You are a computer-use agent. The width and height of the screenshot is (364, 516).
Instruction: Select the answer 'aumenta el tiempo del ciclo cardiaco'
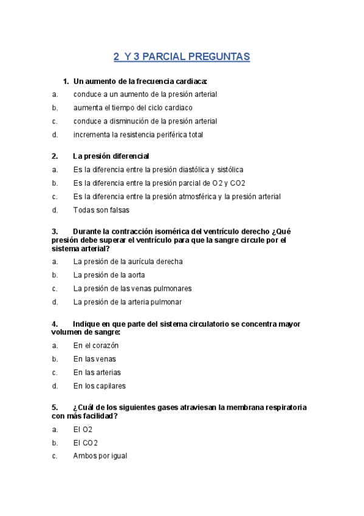click(132, 108)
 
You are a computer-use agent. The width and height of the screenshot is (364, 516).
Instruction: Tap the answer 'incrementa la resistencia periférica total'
click(138, 134)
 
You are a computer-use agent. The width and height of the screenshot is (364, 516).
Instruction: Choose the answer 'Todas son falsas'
click(101, 210)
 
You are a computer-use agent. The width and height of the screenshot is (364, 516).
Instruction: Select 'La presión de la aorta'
click(109, 274)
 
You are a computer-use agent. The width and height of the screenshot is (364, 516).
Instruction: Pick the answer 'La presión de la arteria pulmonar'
click(127, 301)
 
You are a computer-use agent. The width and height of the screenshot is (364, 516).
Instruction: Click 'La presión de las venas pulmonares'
click(132, 288)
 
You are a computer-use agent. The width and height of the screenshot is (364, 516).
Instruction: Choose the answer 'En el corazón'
click(96, 345)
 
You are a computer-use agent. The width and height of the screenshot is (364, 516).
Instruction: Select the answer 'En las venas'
click(94, 359)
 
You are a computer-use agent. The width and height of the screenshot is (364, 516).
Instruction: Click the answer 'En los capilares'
click(100, 386)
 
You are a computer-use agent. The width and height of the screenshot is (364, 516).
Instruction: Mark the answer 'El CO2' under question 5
click(86, 442)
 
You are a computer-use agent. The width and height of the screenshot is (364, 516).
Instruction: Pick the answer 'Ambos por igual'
click(100, 456)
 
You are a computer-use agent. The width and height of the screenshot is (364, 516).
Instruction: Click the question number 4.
click(55, 324)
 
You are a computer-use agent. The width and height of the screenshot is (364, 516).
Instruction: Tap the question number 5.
click(55, 407)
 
